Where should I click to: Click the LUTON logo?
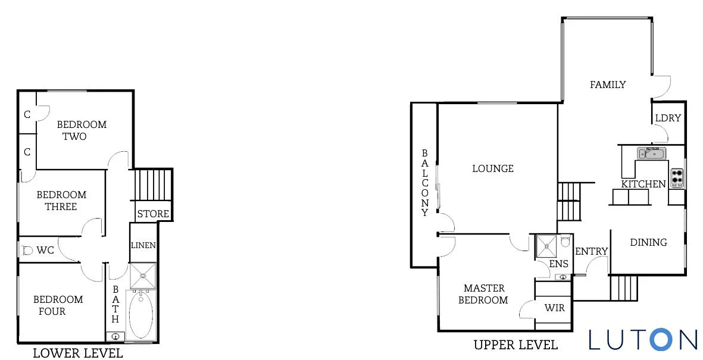pos(643,339)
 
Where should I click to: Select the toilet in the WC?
pos(27,251)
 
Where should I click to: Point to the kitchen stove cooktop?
pos(677,178)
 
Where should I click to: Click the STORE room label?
pos(153,214)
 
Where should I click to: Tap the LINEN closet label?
pos(143,245)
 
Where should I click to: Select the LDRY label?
pos(668,118)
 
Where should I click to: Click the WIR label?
pos(555,308)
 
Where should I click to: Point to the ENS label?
pos(558,264)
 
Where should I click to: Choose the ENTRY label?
pos(591,252)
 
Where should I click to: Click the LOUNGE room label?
pos(493,168)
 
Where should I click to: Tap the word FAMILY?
pos(608,84)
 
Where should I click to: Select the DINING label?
pos(648,243)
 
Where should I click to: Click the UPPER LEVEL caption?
pos(515,345)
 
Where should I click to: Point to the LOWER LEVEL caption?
pos(78,353)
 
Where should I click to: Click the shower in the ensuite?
pos(546,246)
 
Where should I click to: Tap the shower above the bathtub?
pos(143,276)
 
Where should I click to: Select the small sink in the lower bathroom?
pos(115,336)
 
